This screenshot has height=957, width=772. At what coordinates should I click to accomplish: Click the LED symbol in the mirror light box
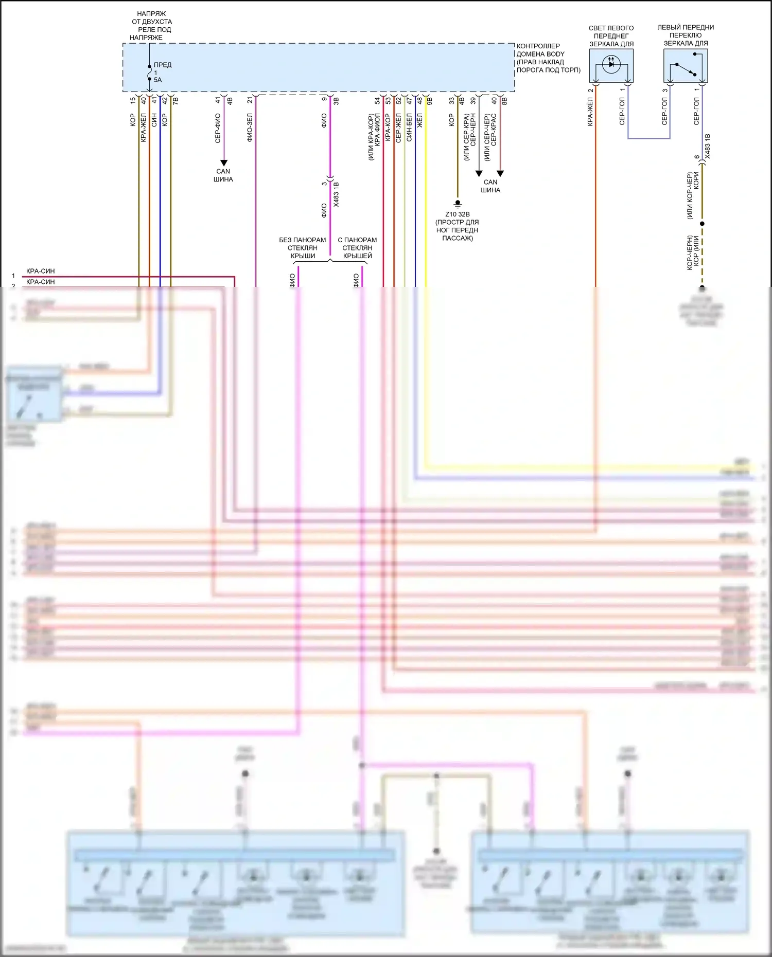point(611,65)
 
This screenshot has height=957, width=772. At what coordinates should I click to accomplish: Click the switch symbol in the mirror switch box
point(685,69)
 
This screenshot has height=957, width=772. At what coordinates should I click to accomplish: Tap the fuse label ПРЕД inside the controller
point(163,65)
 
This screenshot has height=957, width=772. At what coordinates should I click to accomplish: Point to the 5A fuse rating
point(157,80)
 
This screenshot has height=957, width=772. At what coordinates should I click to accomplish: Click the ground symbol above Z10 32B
point(458,204)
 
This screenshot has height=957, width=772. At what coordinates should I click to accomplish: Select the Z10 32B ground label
point(458,214)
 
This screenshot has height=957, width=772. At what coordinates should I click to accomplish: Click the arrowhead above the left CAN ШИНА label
point(223,162)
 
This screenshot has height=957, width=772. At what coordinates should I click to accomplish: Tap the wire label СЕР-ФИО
point(218,128)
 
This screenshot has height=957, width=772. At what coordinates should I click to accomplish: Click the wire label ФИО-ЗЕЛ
point(250,128)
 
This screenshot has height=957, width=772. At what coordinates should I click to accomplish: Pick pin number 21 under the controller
point(250,100)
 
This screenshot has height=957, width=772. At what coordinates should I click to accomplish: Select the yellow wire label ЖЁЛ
point(419,121)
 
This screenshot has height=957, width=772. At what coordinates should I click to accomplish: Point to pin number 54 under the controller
point(377,100)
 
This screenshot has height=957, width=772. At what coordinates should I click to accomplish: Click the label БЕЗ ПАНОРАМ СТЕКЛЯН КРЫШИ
point(303,248)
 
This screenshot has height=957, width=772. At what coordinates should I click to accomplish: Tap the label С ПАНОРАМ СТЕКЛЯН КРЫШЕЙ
point(357,248)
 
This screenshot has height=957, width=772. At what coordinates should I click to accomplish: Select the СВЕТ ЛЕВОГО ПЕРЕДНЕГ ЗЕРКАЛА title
point(611,36)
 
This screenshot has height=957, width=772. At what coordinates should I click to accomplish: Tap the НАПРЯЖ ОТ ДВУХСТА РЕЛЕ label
point(151,26)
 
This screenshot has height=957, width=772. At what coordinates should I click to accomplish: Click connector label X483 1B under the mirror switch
point(708,146)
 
